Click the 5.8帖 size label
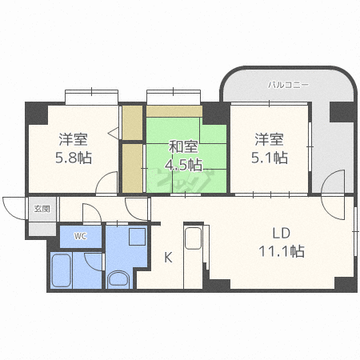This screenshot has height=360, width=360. (74, 157)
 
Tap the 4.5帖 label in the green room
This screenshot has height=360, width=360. (183, 166)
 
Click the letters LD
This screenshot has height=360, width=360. (280, 234)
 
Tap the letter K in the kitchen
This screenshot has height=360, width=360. (169, 257)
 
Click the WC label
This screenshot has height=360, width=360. (80, 236)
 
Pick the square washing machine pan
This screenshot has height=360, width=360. (136, 237)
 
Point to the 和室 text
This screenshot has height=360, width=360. (183, 147)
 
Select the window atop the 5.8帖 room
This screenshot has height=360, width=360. (90, 98)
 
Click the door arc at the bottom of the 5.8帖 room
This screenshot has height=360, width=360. (107, 184)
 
